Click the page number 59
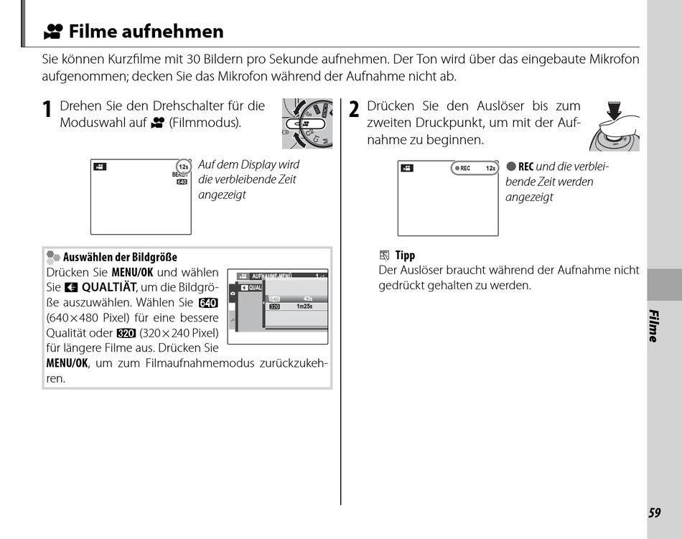click(x=654, y=512)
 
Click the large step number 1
click(x=47, y=110)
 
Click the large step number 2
click(x=354, y=110)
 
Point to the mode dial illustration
click(x=307, y=123)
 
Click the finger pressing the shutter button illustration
click(x=614, y=126)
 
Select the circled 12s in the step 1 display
click(x=183, y=167)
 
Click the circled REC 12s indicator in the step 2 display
click(x=475, y=168)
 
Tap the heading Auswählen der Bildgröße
click(x=120, y=257)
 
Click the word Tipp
click(x=405, y=256)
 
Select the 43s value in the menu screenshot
click(x=308, y=298)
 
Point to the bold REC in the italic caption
click(x=525, y=167)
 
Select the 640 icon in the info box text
click(x=208, y=302)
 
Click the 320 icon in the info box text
click(x=126, y=332)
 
